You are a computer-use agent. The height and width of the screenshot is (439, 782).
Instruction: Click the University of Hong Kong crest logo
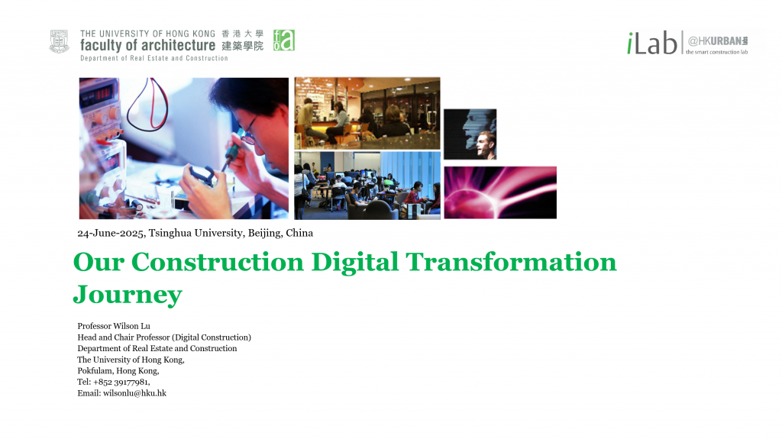(59, 41)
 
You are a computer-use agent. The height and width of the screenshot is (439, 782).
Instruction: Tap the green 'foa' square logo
(284, 40)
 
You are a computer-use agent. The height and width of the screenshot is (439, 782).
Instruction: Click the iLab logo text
(652, 43)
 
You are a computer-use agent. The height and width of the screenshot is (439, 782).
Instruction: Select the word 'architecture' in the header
(177, 45)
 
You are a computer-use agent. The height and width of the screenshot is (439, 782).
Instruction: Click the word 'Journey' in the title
(128, 295)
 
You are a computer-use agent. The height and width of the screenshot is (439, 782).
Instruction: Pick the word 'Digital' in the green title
(354, 262)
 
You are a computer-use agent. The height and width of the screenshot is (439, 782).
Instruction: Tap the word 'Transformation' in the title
(511, 262)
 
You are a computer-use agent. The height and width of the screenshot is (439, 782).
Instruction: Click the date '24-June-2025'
(111, 233)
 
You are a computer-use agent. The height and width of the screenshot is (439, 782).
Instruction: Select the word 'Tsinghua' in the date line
(170, 233)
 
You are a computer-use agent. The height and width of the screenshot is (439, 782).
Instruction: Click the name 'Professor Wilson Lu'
(114, 326)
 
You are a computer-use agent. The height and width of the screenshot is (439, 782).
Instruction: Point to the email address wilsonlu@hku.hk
(134, 393)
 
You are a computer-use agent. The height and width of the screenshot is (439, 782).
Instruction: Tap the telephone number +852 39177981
(121, 383)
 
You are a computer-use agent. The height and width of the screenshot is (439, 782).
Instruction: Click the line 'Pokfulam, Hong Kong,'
(118, 370)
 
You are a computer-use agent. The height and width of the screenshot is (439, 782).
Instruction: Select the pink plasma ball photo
(500, 192)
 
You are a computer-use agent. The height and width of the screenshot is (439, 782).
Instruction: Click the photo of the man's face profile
(470, 134)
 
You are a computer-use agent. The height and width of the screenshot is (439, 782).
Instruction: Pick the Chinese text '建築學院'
(242, 47)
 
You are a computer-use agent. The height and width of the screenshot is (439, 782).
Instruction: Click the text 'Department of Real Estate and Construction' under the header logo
(154, 58)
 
